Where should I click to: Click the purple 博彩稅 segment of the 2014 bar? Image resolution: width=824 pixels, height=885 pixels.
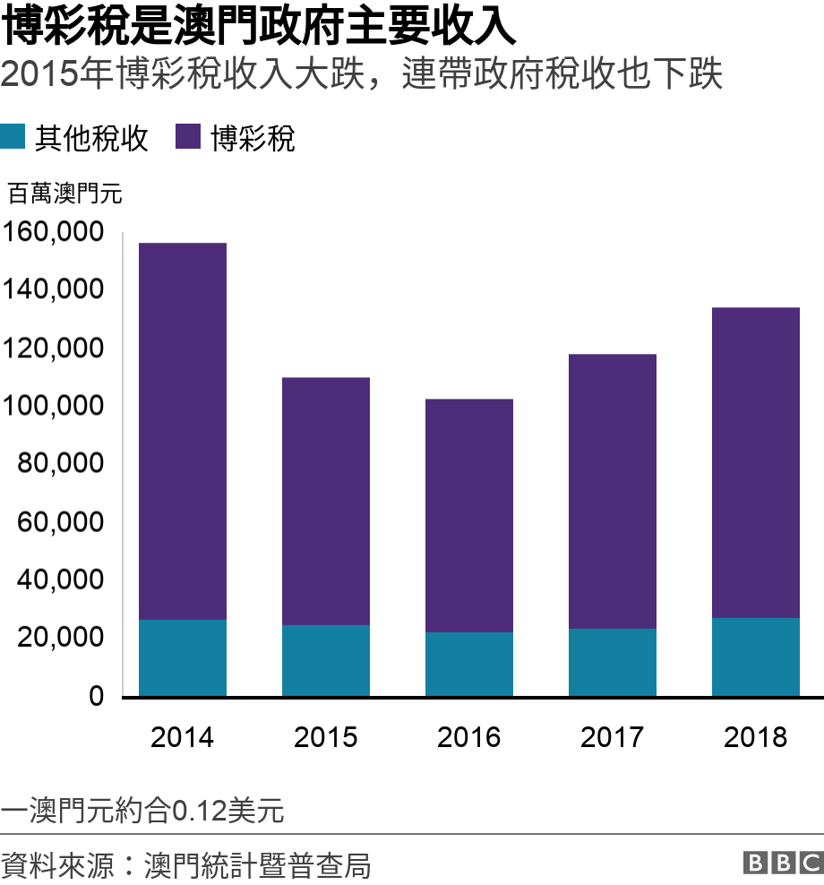point(183,431)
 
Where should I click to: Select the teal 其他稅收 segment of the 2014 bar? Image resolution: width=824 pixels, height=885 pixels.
point(183,657)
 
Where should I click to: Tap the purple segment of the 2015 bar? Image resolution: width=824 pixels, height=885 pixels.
point(326,501)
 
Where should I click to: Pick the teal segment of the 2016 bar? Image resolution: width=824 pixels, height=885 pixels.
point(469,664)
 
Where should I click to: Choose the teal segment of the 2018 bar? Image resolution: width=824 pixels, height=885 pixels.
point(756,657)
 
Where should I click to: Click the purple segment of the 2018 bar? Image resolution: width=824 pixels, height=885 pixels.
point(756,462)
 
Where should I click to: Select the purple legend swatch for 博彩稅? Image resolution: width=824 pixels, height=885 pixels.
point(187,137)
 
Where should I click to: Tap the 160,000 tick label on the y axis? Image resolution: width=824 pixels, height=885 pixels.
point(55,233)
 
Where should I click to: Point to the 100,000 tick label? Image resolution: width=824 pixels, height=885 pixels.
point(55,407)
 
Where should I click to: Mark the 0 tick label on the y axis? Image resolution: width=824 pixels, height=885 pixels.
point(96,696)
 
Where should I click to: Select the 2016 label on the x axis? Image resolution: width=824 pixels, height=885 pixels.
point(469,737)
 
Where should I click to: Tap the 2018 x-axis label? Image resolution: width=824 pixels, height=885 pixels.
point(756,737)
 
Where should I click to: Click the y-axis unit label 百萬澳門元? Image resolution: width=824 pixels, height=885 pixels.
point(64,193)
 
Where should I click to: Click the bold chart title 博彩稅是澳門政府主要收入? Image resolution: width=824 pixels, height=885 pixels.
point(259,27)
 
